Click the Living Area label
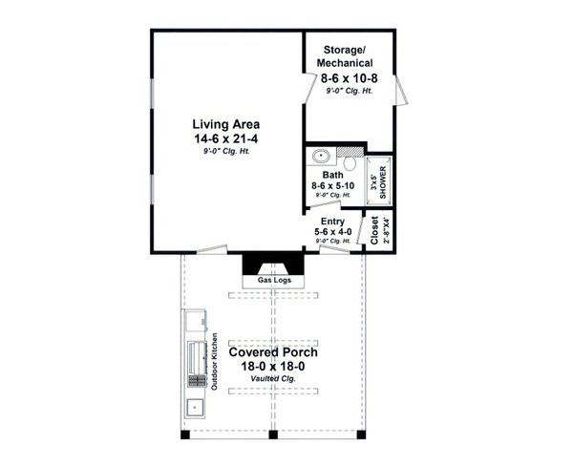tap(225, 125)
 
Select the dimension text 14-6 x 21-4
tap(225, 139)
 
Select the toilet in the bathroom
tap(350, 154)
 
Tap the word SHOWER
tap(383, 181)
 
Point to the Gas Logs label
tap(273, 281)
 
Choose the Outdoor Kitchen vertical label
tap(216, 361)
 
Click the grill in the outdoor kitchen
tap(198, 358)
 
